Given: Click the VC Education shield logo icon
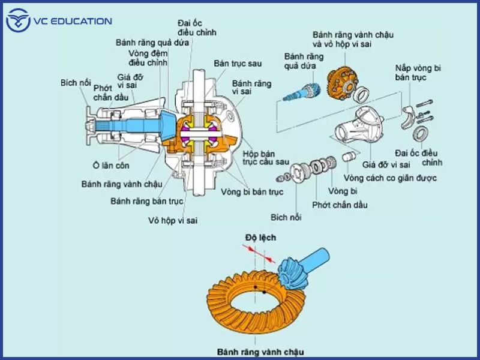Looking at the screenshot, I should tap(17, 22).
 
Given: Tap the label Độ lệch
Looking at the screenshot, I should tap(260, 238).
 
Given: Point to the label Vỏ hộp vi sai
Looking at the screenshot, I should tap(173, 220).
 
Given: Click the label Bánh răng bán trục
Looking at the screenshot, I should tap(146, 201).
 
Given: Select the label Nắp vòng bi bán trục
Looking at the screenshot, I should tap(418, 73).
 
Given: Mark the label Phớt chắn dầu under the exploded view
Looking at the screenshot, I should tap(340, 205).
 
